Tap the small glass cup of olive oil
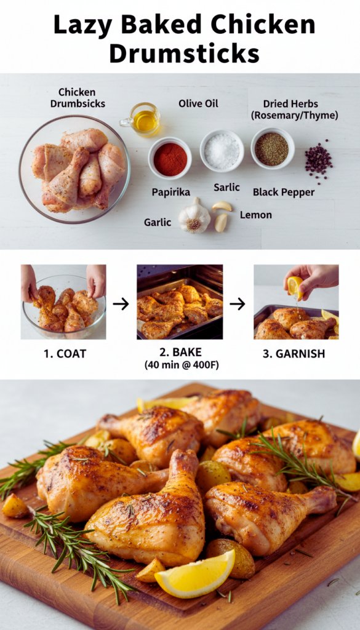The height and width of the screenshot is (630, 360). pos(142,119)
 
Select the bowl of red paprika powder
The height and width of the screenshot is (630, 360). pos(170,158)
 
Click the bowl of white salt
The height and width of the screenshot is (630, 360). pos(222,151)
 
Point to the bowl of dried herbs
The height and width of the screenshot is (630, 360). pos(273,148)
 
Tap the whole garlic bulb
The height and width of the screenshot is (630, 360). pos(194,216)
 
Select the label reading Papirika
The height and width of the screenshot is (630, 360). pos(171,192)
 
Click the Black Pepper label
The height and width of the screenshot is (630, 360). pos(284,193)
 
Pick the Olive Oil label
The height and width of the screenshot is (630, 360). pos(199,103)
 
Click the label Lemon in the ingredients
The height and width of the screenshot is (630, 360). pos(256,215)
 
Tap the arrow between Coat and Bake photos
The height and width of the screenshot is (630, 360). pos(121,304)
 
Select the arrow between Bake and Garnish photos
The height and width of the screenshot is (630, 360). pos(237,304)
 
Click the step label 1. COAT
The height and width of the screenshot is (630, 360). pos(65,354)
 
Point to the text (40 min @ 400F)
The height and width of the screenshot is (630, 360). pos(182,365)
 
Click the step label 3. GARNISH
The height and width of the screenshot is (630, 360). pos(294,354)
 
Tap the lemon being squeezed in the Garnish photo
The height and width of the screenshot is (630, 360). pos(295,286)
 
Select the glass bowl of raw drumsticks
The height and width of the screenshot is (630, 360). pos(74,170)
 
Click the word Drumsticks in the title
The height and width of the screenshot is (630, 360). pos(184,54)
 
